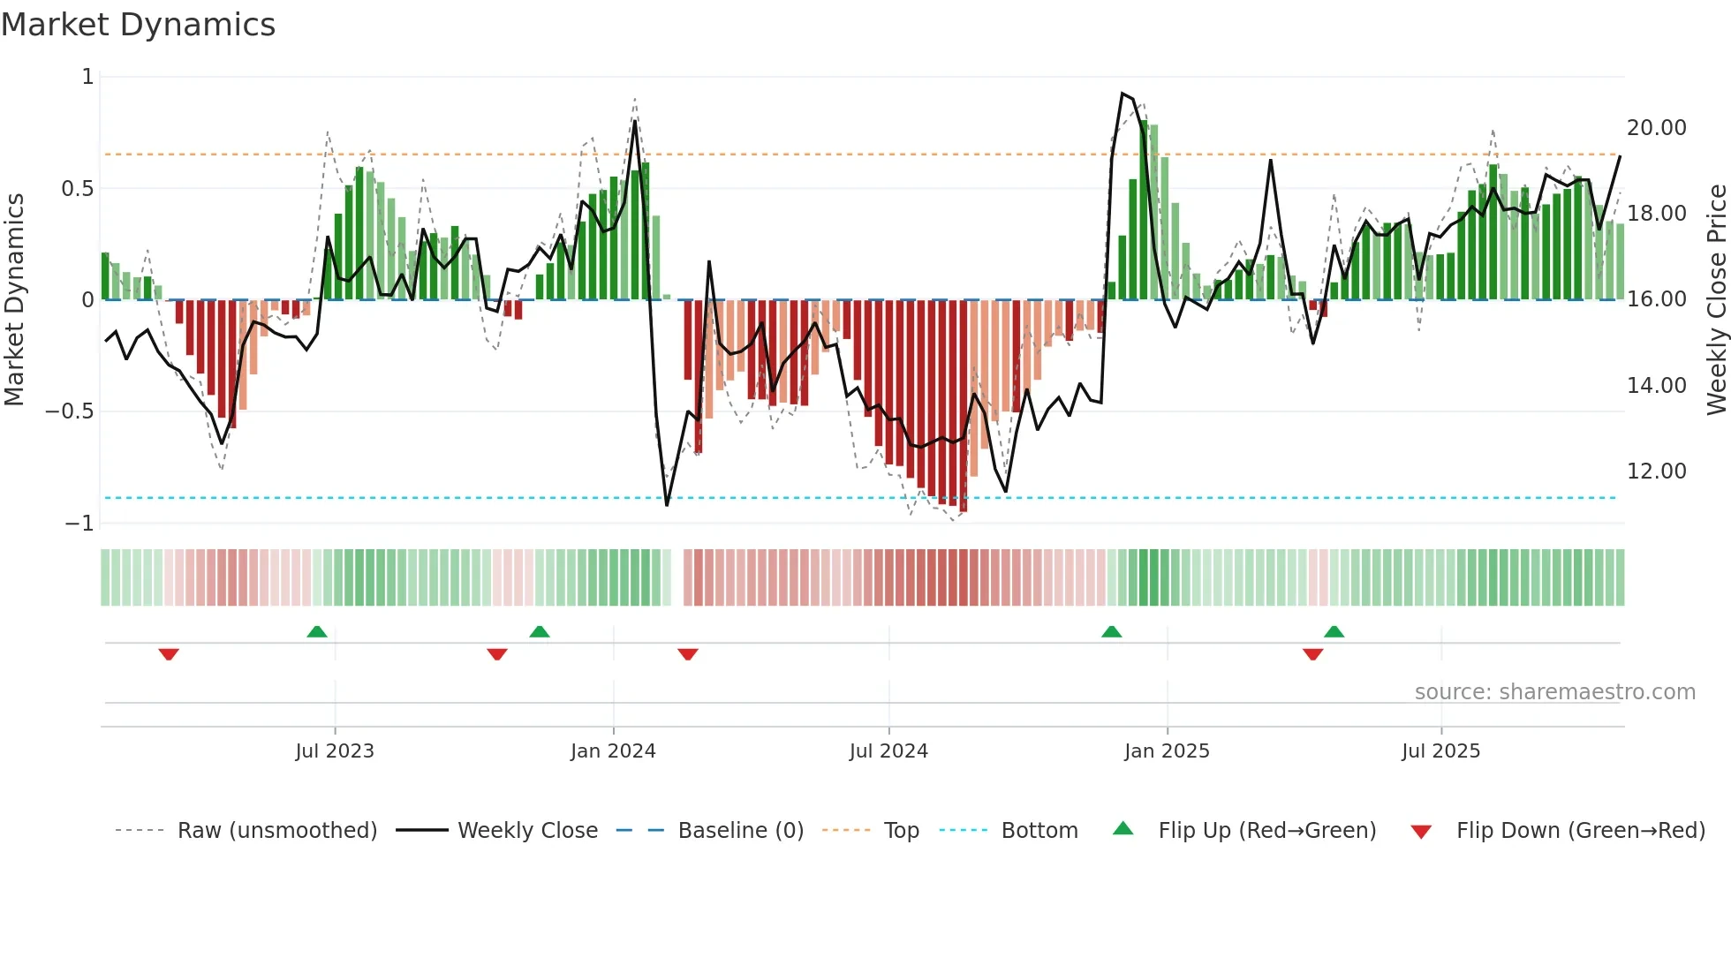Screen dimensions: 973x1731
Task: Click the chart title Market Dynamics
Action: pos(138,25)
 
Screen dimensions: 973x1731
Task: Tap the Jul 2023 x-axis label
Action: pos(335,751)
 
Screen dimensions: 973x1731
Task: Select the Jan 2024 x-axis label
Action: pos(613,751)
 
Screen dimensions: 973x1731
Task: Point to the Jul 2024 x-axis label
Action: pos(888,751)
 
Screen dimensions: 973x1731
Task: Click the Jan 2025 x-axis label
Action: pos(1167,751)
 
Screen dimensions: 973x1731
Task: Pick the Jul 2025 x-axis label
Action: pos(1440,751)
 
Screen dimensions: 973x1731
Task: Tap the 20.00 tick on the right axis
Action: pos(1656,128)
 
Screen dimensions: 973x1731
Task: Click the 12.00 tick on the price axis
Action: pos(1656,471)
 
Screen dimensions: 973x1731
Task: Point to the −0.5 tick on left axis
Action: pos(69,411)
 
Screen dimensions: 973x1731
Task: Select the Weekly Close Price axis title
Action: pos(1716,299)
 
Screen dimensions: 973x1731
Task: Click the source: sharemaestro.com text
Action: pos(1554,692)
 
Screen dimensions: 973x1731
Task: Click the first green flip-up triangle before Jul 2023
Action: pos(317,631)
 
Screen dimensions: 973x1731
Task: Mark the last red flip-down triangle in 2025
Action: pos(1312,654)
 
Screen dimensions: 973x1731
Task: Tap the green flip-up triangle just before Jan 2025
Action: pos(1112,631)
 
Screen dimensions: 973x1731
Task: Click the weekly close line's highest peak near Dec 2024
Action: pos(1123,94)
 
